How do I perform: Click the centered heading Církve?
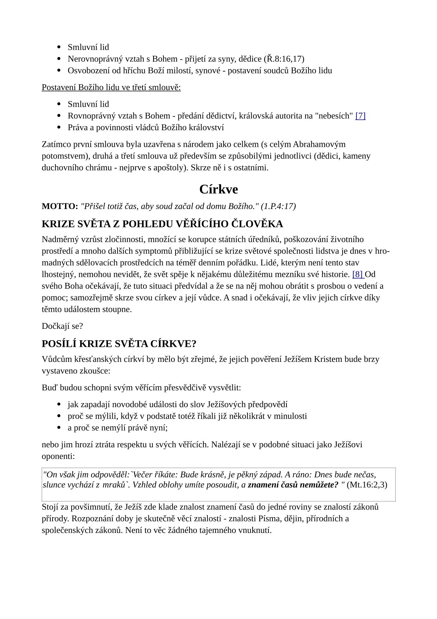point(219,189)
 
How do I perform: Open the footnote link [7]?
point(360,116)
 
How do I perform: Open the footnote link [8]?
point(357,274)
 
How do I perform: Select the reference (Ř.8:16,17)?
point(284,59)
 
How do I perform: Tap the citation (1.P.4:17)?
point(278,206)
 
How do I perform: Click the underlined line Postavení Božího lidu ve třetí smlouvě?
point(111,88)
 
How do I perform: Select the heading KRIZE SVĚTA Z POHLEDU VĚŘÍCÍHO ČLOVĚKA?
point(162,224)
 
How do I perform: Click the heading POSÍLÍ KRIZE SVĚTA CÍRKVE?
point(119,344)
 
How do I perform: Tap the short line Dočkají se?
point(62,326)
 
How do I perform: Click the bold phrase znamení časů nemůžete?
point(293,484)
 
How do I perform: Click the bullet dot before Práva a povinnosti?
point(59,128)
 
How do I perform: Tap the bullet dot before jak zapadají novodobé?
point(59,405)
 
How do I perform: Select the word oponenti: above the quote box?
point(58,456)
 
